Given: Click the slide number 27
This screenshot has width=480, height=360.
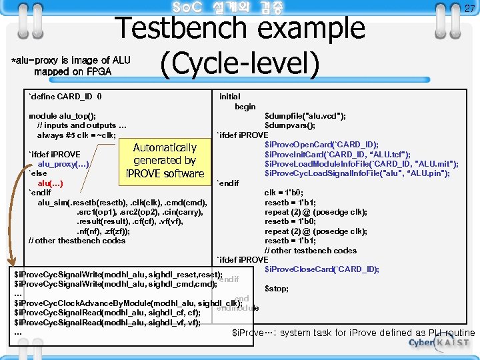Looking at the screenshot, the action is pos(469,9).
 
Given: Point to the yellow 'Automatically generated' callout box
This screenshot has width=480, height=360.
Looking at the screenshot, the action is pos(165,161).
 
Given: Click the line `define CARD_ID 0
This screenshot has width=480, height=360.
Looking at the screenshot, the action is pos(65,97).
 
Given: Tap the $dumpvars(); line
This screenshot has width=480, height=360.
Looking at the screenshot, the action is pos(290,125).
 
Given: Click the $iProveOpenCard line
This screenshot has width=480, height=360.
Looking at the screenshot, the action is pos(321,145).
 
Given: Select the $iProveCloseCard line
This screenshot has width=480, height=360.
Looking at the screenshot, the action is pos(321,269).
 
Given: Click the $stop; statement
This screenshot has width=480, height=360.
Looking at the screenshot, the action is pos(277,289).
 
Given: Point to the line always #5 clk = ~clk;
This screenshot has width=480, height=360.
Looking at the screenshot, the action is pos(77,135).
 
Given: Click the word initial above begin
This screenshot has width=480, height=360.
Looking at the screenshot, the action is pos(230,97).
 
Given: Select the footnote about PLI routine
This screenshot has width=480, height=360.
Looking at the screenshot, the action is pos(353,333).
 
